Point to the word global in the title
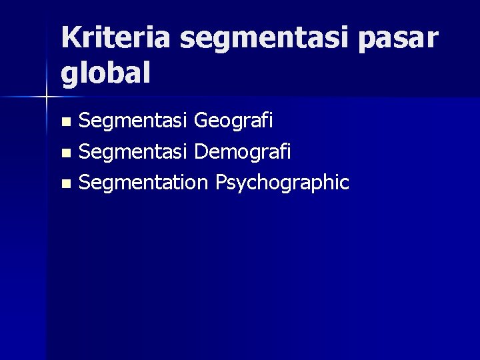click(x=105, y=73)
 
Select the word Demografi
click(x=243, y=151)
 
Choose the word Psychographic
click(x=282, y=182)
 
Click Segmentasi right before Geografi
click(x=133, y=121)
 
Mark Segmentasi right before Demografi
click(x=133, y=151)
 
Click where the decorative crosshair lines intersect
click(x=46, y=97)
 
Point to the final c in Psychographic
click(x=344, y=183)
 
